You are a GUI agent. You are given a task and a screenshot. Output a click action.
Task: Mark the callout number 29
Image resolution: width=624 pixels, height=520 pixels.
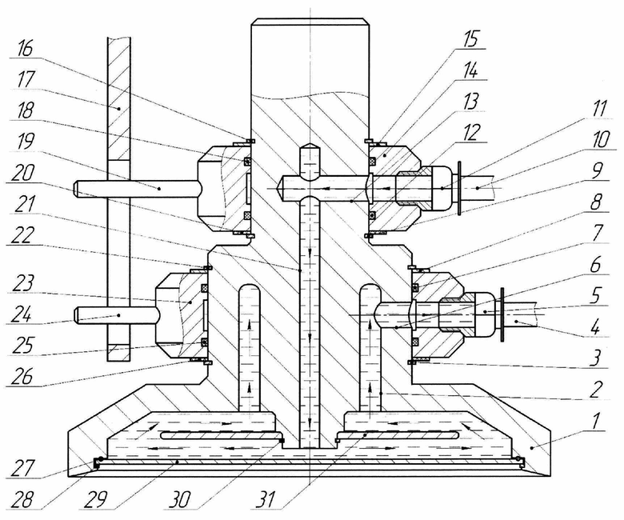[94, 499]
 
